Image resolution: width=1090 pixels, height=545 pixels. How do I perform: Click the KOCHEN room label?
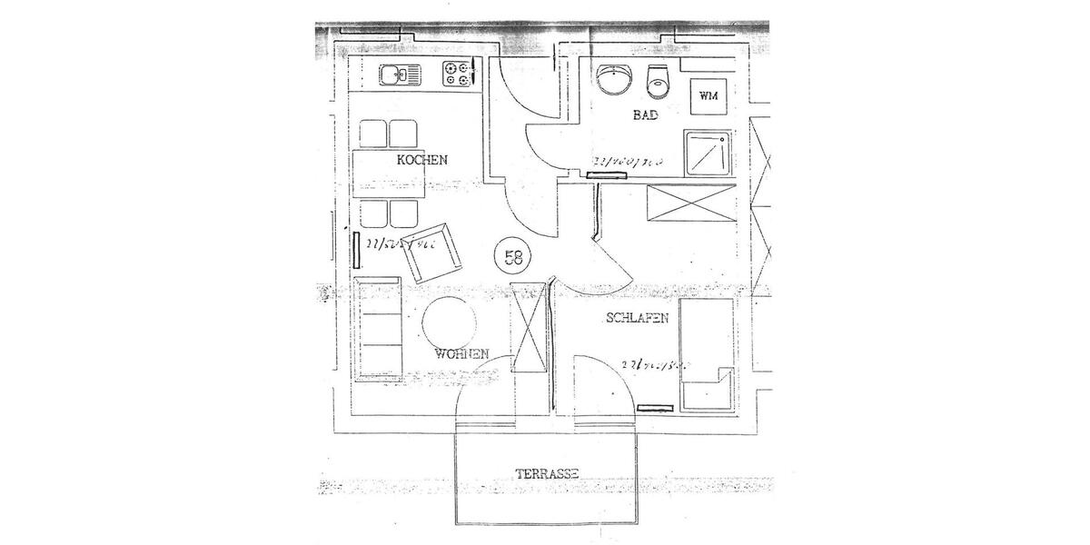pyautogui.click(x=421, y=160)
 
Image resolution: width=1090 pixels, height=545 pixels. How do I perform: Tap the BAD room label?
pyautogui.click(x=645, y=115)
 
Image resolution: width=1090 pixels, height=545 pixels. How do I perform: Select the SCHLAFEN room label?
pyautogui.click(x=638, y=318)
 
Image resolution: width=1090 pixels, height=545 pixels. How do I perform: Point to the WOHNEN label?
pyautogui.click(x=462, y=353)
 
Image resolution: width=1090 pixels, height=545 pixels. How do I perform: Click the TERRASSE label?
pyautogui.click(x=547, y=473)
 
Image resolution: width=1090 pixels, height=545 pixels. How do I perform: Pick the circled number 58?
pyautogui.click(x=513, y=257)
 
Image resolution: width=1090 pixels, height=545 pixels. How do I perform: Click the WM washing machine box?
pyautogui.click(x=708, y=95)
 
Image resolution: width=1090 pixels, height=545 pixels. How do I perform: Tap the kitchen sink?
pyautogui.click(x=398, y=74)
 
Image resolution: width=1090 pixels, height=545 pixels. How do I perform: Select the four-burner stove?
pyautogui.click(x=459, y=74)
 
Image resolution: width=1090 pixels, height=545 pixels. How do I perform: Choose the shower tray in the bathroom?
pyautogui.click(x=708, y=152)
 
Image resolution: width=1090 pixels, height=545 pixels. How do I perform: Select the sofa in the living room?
pyautogui.click(x=379, y=329)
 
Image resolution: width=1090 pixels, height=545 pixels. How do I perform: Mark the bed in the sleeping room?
pyautogui.click(x=706, y=355)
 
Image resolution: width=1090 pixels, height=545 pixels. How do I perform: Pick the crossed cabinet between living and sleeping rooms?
pyautogui.click(x=530, y=327)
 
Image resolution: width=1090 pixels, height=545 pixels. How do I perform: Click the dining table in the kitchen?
pyautogui.click(x=391, y=174)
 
